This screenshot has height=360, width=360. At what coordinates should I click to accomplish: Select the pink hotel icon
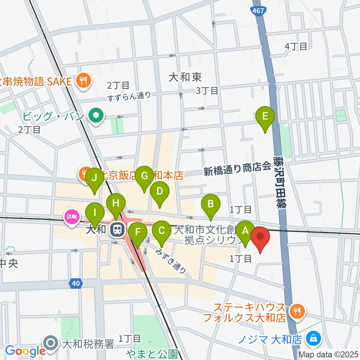(71, 217)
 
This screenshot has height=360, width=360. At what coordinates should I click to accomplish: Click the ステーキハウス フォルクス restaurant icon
(297, 310)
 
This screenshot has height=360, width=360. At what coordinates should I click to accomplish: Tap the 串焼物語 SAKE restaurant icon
(82, 80)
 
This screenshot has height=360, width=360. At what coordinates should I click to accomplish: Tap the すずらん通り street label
(129, 96)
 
